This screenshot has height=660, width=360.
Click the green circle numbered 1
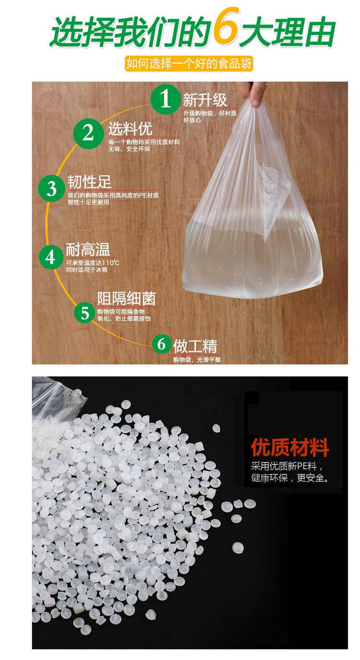coord(165,99)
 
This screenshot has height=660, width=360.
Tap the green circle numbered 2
coord(88,133)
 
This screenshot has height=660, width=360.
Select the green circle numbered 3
coord(51,188)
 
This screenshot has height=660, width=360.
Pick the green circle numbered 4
coord(51,257)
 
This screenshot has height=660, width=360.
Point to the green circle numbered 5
coord(84,312)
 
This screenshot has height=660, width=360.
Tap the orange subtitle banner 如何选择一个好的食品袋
coord(189,63)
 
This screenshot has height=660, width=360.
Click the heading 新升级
coord(205,100)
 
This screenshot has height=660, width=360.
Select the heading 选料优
coord(130,129)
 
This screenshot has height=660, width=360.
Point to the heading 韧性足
coord(89,181)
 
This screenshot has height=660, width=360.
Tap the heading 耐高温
coord(88,250)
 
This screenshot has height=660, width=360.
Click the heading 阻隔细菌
coord(127,299)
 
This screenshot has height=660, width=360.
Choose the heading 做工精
coord(195,346)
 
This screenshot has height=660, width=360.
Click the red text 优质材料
coord(289,447)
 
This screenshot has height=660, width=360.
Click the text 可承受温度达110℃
coord(93,263)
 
